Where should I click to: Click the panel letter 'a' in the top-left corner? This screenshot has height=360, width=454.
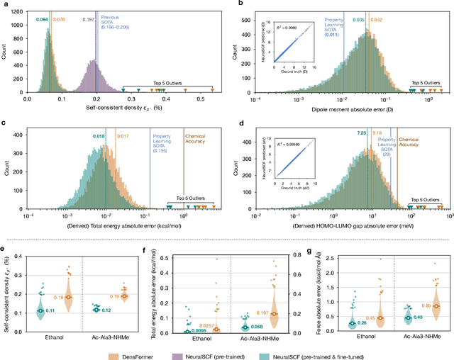coord(4,5)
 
